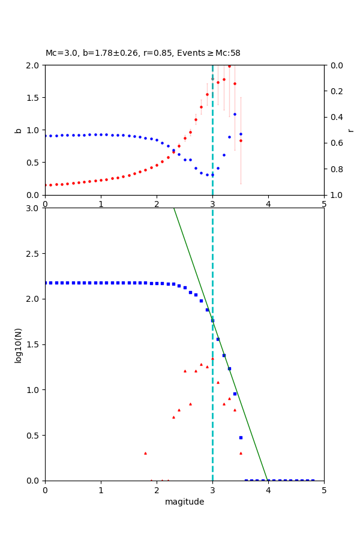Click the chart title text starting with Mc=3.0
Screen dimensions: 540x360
[143, 53]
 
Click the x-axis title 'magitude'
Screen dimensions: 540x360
[184, 502]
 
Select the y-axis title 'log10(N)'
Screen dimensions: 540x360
[18, 344]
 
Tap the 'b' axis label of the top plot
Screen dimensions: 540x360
[18, 130]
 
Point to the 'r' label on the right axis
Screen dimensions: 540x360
[350, 130]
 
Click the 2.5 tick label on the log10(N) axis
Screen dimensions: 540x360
[33, 254]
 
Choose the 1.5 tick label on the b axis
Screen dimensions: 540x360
[33, 98]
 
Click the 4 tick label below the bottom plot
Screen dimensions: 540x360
[268, 490]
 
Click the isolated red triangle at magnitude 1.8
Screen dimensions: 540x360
[145, 453]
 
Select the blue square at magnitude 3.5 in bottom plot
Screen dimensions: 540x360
[241, 437]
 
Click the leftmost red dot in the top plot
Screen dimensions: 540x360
[46, 185]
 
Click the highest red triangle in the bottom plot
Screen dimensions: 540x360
[212, 358]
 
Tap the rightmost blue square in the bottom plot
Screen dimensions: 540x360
[313, 480]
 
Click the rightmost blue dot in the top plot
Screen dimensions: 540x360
[241, 134]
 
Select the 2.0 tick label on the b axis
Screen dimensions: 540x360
[33, 65]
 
